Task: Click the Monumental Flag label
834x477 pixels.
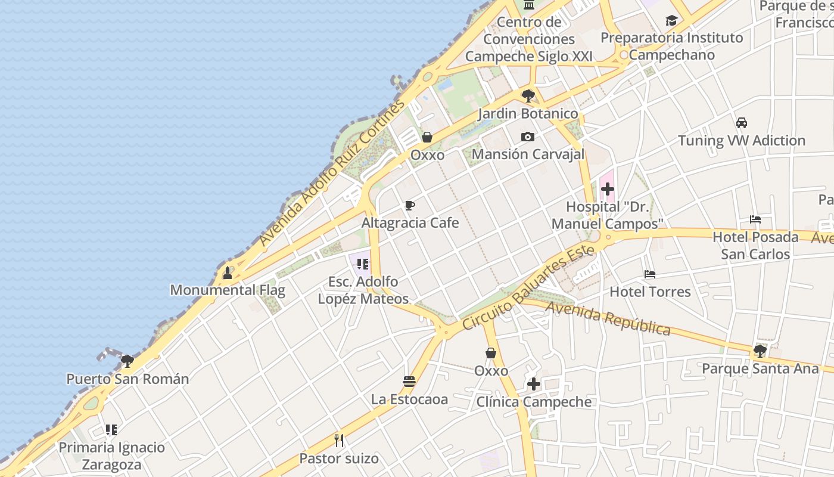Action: [228, 290]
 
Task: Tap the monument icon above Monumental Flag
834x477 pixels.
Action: [227, 273]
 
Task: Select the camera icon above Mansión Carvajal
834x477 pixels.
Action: [527, 137]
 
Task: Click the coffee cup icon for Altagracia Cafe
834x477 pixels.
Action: [410, 206]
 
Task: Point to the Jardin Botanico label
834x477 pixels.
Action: [528, 113]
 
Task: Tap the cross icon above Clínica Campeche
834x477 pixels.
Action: [533, 384]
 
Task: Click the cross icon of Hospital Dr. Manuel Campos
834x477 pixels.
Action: [607, 190]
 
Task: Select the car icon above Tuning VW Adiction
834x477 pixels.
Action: [741, 123]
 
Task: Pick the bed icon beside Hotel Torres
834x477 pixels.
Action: [650, 274]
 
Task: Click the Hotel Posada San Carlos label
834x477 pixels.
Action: [755, 245]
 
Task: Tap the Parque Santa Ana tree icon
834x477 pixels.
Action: [760, 351]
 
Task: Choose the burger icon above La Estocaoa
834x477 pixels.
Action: [409, 382]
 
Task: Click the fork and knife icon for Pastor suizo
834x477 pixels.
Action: [339, 441]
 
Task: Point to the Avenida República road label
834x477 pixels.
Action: [608, 318]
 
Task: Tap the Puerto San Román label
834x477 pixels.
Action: [127, 379]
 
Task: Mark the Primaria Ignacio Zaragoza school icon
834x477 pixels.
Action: [111, 429]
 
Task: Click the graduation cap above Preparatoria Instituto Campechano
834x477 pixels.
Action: [671, 21]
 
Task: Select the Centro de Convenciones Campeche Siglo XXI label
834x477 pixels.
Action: [528, 39]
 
